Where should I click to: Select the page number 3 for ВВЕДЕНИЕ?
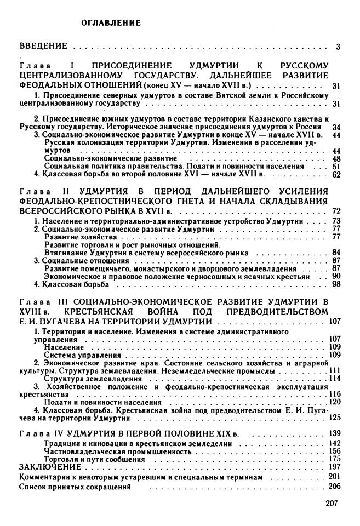[x=338, y=47]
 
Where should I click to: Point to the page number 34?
[x=336, y=127]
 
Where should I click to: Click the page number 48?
[x=336, y=158]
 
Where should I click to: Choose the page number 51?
[x=336, y=167]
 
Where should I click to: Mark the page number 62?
[x=336, y=175]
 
